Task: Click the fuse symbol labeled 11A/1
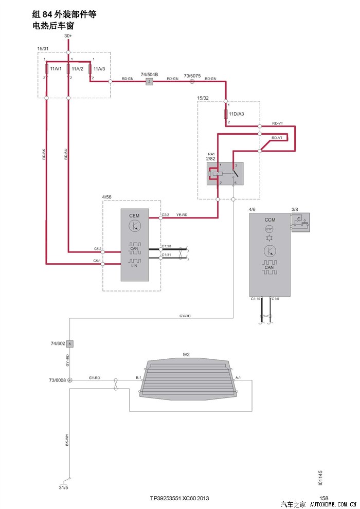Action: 47,69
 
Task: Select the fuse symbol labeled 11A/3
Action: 90,69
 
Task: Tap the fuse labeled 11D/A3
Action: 226,114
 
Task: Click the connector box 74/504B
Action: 149,82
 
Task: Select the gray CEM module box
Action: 135,245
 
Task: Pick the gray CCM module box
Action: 269,255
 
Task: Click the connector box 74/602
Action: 70,343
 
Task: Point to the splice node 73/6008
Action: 70,380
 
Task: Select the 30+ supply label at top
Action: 68,36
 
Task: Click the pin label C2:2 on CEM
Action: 166,214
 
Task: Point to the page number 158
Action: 323,498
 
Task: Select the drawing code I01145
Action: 320,478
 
